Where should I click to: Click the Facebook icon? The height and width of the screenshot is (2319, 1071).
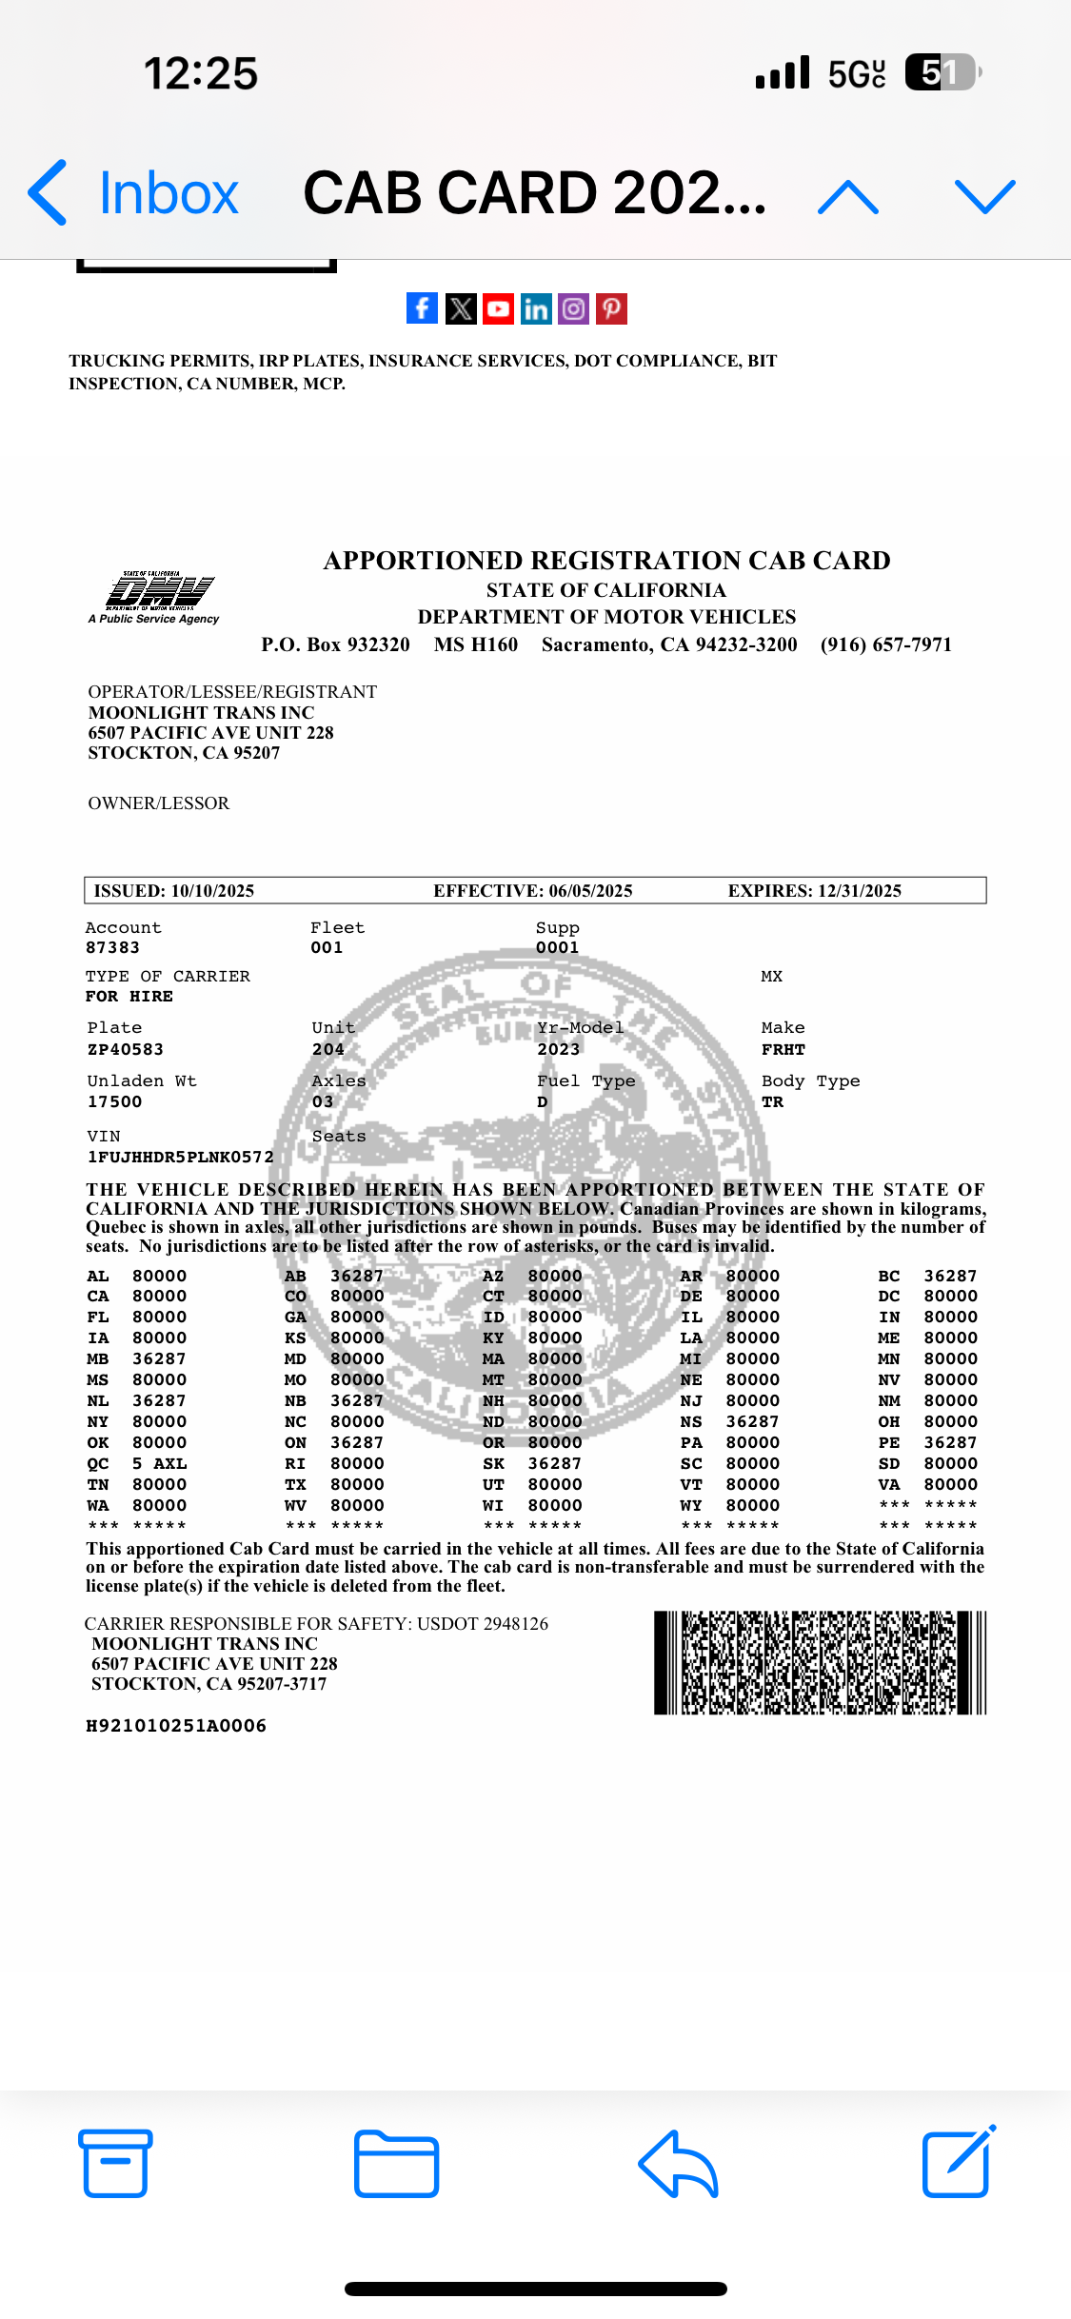[x=422, y=308]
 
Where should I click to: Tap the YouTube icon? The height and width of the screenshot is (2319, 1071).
[x=498, y=308]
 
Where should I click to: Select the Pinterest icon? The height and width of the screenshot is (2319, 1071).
[x=611, y=308]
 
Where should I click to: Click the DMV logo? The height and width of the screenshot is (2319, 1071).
[x=158, y=596]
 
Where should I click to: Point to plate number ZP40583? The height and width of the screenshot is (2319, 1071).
[x=126, y=1049]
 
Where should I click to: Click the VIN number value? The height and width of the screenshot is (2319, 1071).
[x=181, y=1157]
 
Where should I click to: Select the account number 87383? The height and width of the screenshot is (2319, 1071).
[x=112, y=947]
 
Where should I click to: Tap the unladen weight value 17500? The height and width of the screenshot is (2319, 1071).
[x=114, y=1101]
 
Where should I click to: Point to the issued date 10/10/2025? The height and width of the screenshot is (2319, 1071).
[x=212, y=891]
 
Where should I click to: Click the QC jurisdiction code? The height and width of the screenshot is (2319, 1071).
[x=97, y=1463]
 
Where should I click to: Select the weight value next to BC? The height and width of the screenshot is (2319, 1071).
[x=950, y=1276]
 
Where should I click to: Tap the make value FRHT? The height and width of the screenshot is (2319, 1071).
[x=783, y=1049]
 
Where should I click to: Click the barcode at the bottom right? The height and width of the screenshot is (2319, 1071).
[x=820, y=1662]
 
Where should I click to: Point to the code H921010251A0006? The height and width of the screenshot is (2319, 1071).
[x=176, y=1726]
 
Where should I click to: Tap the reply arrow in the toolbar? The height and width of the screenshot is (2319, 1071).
[x=678, y=2163]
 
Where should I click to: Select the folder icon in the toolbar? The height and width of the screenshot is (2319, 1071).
[x=396, y=2163]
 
